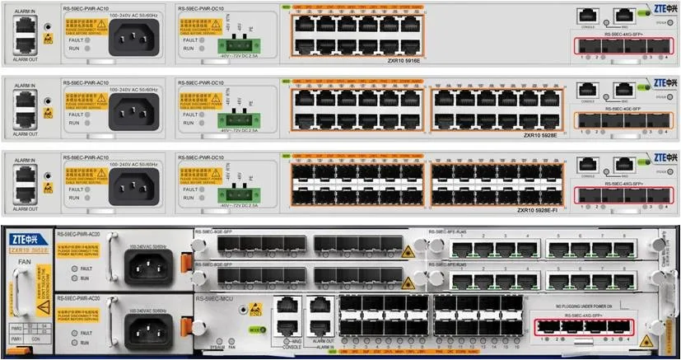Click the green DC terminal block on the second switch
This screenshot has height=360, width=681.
pos(238,119)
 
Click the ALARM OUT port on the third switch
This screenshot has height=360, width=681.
pos(25,194)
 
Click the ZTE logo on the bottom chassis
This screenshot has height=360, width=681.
pos(27,235)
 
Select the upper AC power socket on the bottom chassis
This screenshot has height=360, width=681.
pos(147,266)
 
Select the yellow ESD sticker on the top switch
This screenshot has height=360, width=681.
pos(48,38)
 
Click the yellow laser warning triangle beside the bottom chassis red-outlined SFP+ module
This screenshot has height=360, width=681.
pos(647,339)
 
